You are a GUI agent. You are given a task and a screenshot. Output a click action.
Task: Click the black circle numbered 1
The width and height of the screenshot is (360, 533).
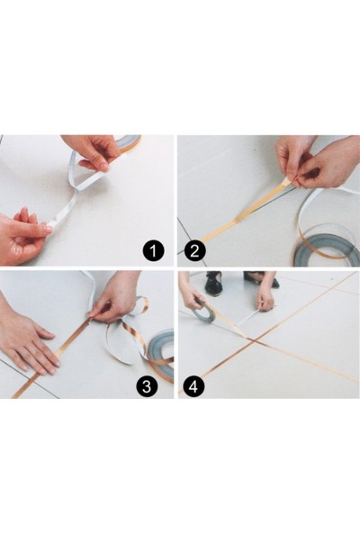153,251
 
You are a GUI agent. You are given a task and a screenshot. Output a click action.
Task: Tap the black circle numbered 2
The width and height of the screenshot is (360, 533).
194,251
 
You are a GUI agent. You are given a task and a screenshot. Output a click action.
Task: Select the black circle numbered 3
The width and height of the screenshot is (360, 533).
147,386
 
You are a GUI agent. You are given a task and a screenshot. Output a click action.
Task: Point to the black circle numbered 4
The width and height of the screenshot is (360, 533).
193,386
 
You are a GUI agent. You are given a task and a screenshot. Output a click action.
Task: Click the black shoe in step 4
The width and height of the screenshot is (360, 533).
213,283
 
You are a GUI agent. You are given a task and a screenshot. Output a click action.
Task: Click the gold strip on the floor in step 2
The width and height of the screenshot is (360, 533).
243,211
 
